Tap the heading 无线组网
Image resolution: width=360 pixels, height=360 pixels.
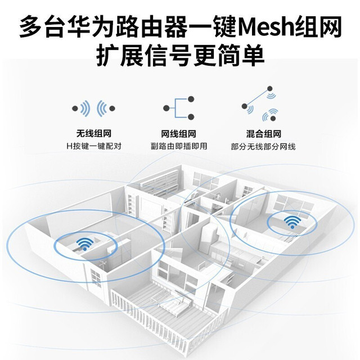coord(94,133)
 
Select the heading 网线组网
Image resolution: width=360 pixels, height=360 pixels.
coord(179,134)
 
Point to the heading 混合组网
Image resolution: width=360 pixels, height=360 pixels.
coord(264,134)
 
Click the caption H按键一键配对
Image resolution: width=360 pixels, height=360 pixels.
coord(94,146)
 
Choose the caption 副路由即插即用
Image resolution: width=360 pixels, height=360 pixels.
coord(179,146)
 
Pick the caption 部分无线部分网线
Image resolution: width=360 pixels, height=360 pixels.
coord(263,147)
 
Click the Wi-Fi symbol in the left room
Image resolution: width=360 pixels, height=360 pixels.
coord(85,244)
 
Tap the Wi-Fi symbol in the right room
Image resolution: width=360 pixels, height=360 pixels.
coord(292,222)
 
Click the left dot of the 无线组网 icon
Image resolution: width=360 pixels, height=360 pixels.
coord(75,109)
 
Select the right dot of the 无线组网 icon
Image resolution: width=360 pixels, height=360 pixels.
coord(112,109)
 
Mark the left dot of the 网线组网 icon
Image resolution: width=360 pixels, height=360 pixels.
coord(166,108)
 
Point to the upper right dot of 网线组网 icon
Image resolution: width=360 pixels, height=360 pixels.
coord(191,99)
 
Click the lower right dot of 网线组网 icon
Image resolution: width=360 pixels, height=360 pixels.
coord(191,117)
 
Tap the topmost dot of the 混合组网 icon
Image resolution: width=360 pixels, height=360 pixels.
coord(270,88)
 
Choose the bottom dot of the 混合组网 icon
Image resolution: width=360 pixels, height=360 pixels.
coord(273,119)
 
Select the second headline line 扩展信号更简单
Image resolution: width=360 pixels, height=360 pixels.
coord(180,56)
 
